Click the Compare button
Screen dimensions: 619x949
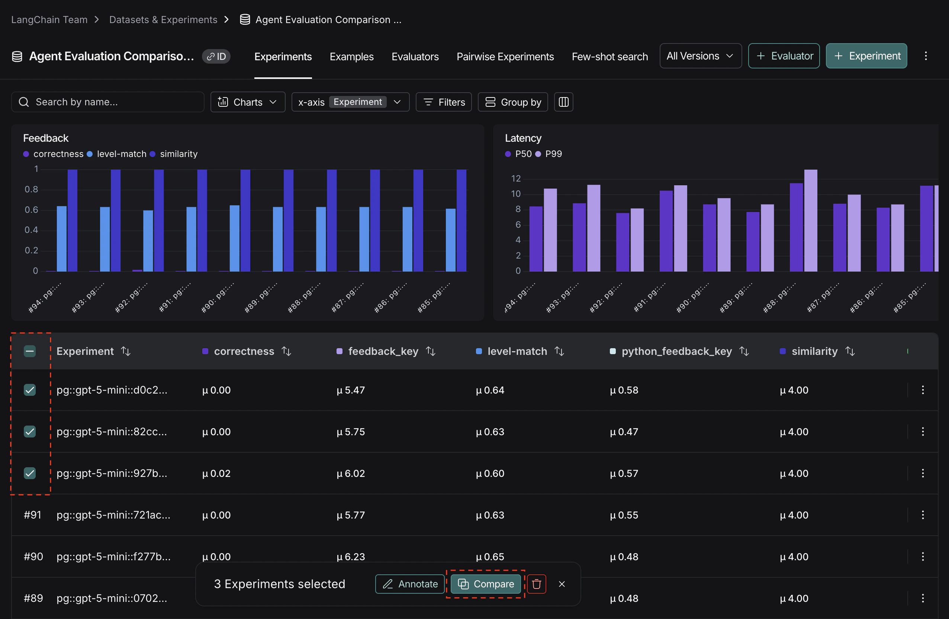(485, 584)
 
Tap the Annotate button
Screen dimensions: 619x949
(409, 584)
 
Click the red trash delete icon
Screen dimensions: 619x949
(536, 584)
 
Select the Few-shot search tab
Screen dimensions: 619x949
(609, 57)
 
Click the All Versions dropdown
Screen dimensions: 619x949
(700, 56)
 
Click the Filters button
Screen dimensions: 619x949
(443, 102)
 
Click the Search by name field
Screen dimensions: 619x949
(108, 102)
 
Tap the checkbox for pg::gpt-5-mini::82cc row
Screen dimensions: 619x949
(30, 432)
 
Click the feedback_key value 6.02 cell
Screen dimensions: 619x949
(351, 474)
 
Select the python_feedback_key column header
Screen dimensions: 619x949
(676, 351)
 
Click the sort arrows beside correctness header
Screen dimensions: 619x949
(286, 351)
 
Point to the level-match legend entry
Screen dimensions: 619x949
(121, 154)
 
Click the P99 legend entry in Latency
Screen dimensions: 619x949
(553, 154)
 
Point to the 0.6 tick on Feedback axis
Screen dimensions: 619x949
(31, 210)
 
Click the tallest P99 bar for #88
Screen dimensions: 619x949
(810, 220)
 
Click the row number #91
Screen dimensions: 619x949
(32, 515)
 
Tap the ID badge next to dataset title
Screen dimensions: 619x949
(216, 57)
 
